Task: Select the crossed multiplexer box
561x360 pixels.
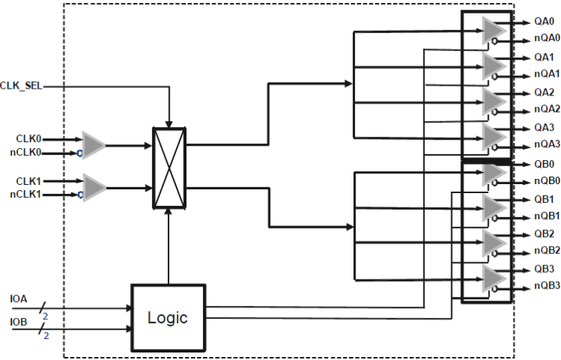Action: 169,166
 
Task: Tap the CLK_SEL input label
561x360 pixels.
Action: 21,87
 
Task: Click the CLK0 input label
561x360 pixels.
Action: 29,138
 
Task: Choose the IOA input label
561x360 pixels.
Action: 19,299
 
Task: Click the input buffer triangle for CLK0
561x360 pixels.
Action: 94,145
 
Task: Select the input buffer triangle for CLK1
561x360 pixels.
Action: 94,187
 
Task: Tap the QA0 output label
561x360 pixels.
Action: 544,22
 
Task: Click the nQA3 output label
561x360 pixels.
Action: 547,144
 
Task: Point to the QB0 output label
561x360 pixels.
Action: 544,164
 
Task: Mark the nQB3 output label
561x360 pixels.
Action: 547,286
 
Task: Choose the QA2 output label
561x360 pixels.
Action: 544,92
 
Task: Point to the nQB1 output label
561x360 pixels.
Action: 547,216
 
